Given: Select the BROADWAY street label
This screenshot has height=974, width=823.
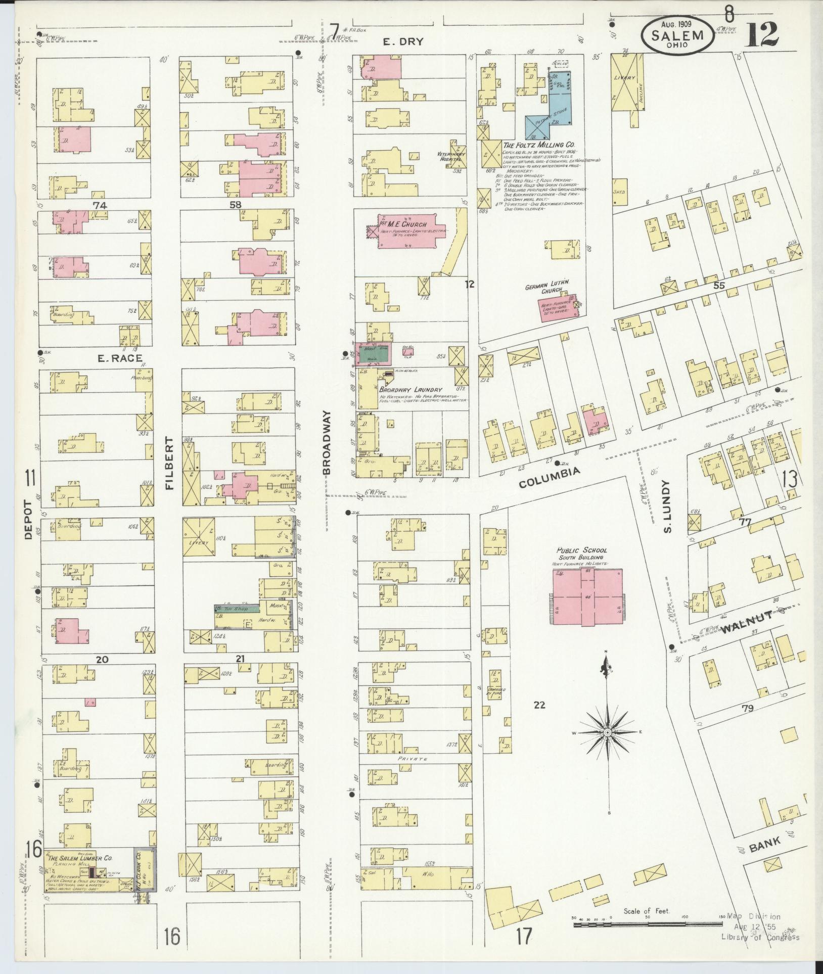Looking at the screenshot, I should coord(328,442).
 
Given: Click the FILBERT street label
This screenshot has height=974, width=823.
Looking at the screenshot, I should coord(169,463).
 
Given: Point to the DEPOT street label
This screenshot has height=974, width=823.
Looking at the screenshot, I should coord(28,520).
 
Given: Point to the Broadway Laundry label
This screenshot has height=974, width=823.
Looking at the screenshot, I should coord(410,390).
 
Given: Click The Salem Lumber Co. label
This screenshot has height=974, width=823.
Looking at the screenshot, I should coord(79,858).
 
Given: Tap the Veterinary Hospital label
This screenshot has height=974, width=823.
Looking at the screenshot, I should coord(451,156).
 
